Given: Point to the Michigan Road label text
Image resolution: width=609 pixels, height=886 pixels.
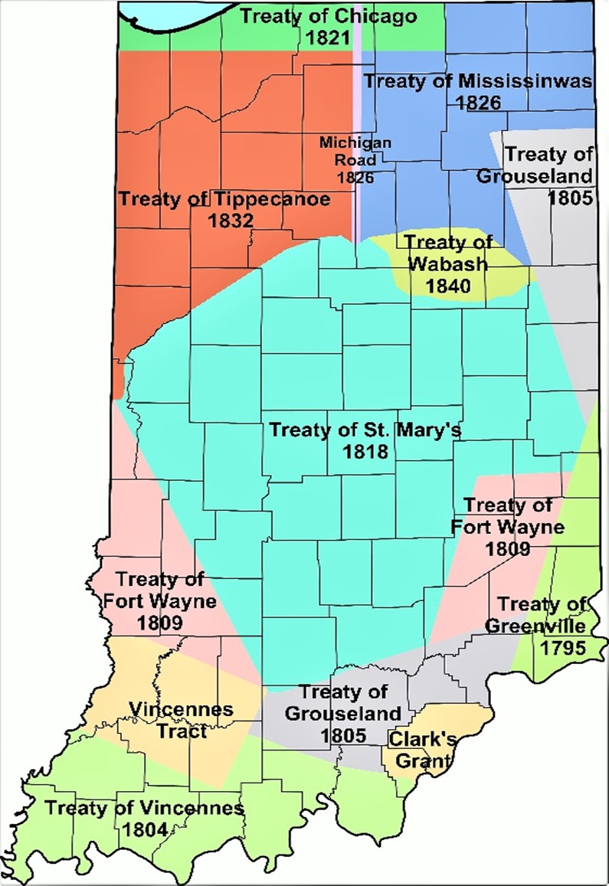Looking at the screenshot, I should point(356,160).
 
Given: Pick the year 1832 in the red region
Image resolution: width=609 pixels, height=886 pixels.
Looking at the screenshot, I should point(231,221).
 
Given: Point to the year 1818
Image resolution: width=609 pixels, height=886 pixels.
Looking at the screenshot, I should point(366,451).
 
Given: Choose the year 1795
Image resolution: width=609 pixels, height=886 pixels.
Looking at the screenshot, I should point(563,648).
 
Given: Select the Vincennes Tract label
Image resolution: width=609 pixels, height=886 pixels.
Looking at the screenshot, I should point(180,720).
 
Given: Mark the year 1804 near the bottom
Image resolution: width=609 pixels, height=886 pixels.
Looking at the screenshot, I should point(145,829).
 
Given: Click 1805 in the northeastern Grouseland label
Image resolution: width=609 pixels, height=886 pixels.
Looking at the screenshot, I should point(571,197).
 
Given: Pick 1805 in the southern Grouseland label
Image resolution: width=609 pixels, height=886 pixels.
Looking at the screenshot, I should point(342,734).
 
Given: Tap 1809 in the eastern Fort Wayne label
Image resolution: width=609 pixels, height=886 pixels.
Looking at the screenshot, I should point(507,548).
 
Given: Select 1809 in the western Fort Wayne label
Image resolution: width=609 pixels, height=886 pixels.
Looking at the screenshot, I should point(160,623).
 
